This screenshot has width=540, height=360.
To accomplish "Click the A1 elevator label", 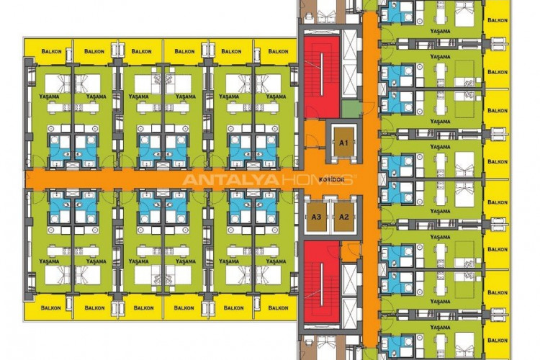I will pyautogui.click(x=343, y=143).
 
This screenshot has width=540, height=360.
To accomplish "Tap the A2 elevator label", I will pyautogui.click(x=343, y=217).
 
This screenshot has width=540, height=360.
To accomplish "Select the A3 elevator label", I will pyautogui.click(x=316, y=217).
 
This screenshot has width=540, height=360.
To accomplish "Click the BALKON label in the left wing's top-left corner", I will pyautogui.click(x=50, y=52).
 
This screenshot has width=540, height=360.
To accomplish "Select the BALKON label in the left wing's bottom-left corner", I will pyautogui.click(x=50, y=308).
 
